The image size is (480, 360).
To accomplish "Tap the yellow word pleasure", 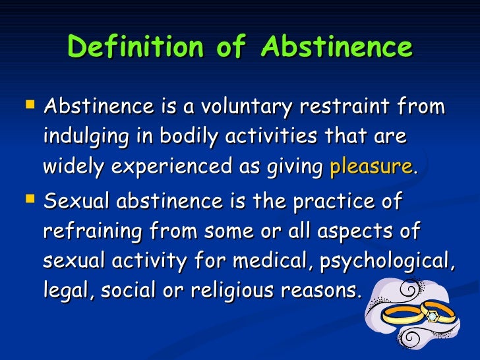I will pos(371,167).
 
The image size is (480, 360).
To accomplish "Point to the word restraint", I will pos(347,107).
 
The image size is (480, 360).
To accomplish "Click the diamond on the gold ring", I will pos(432,317).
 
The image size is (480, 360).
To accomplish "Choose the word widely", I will pos(71,167).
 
